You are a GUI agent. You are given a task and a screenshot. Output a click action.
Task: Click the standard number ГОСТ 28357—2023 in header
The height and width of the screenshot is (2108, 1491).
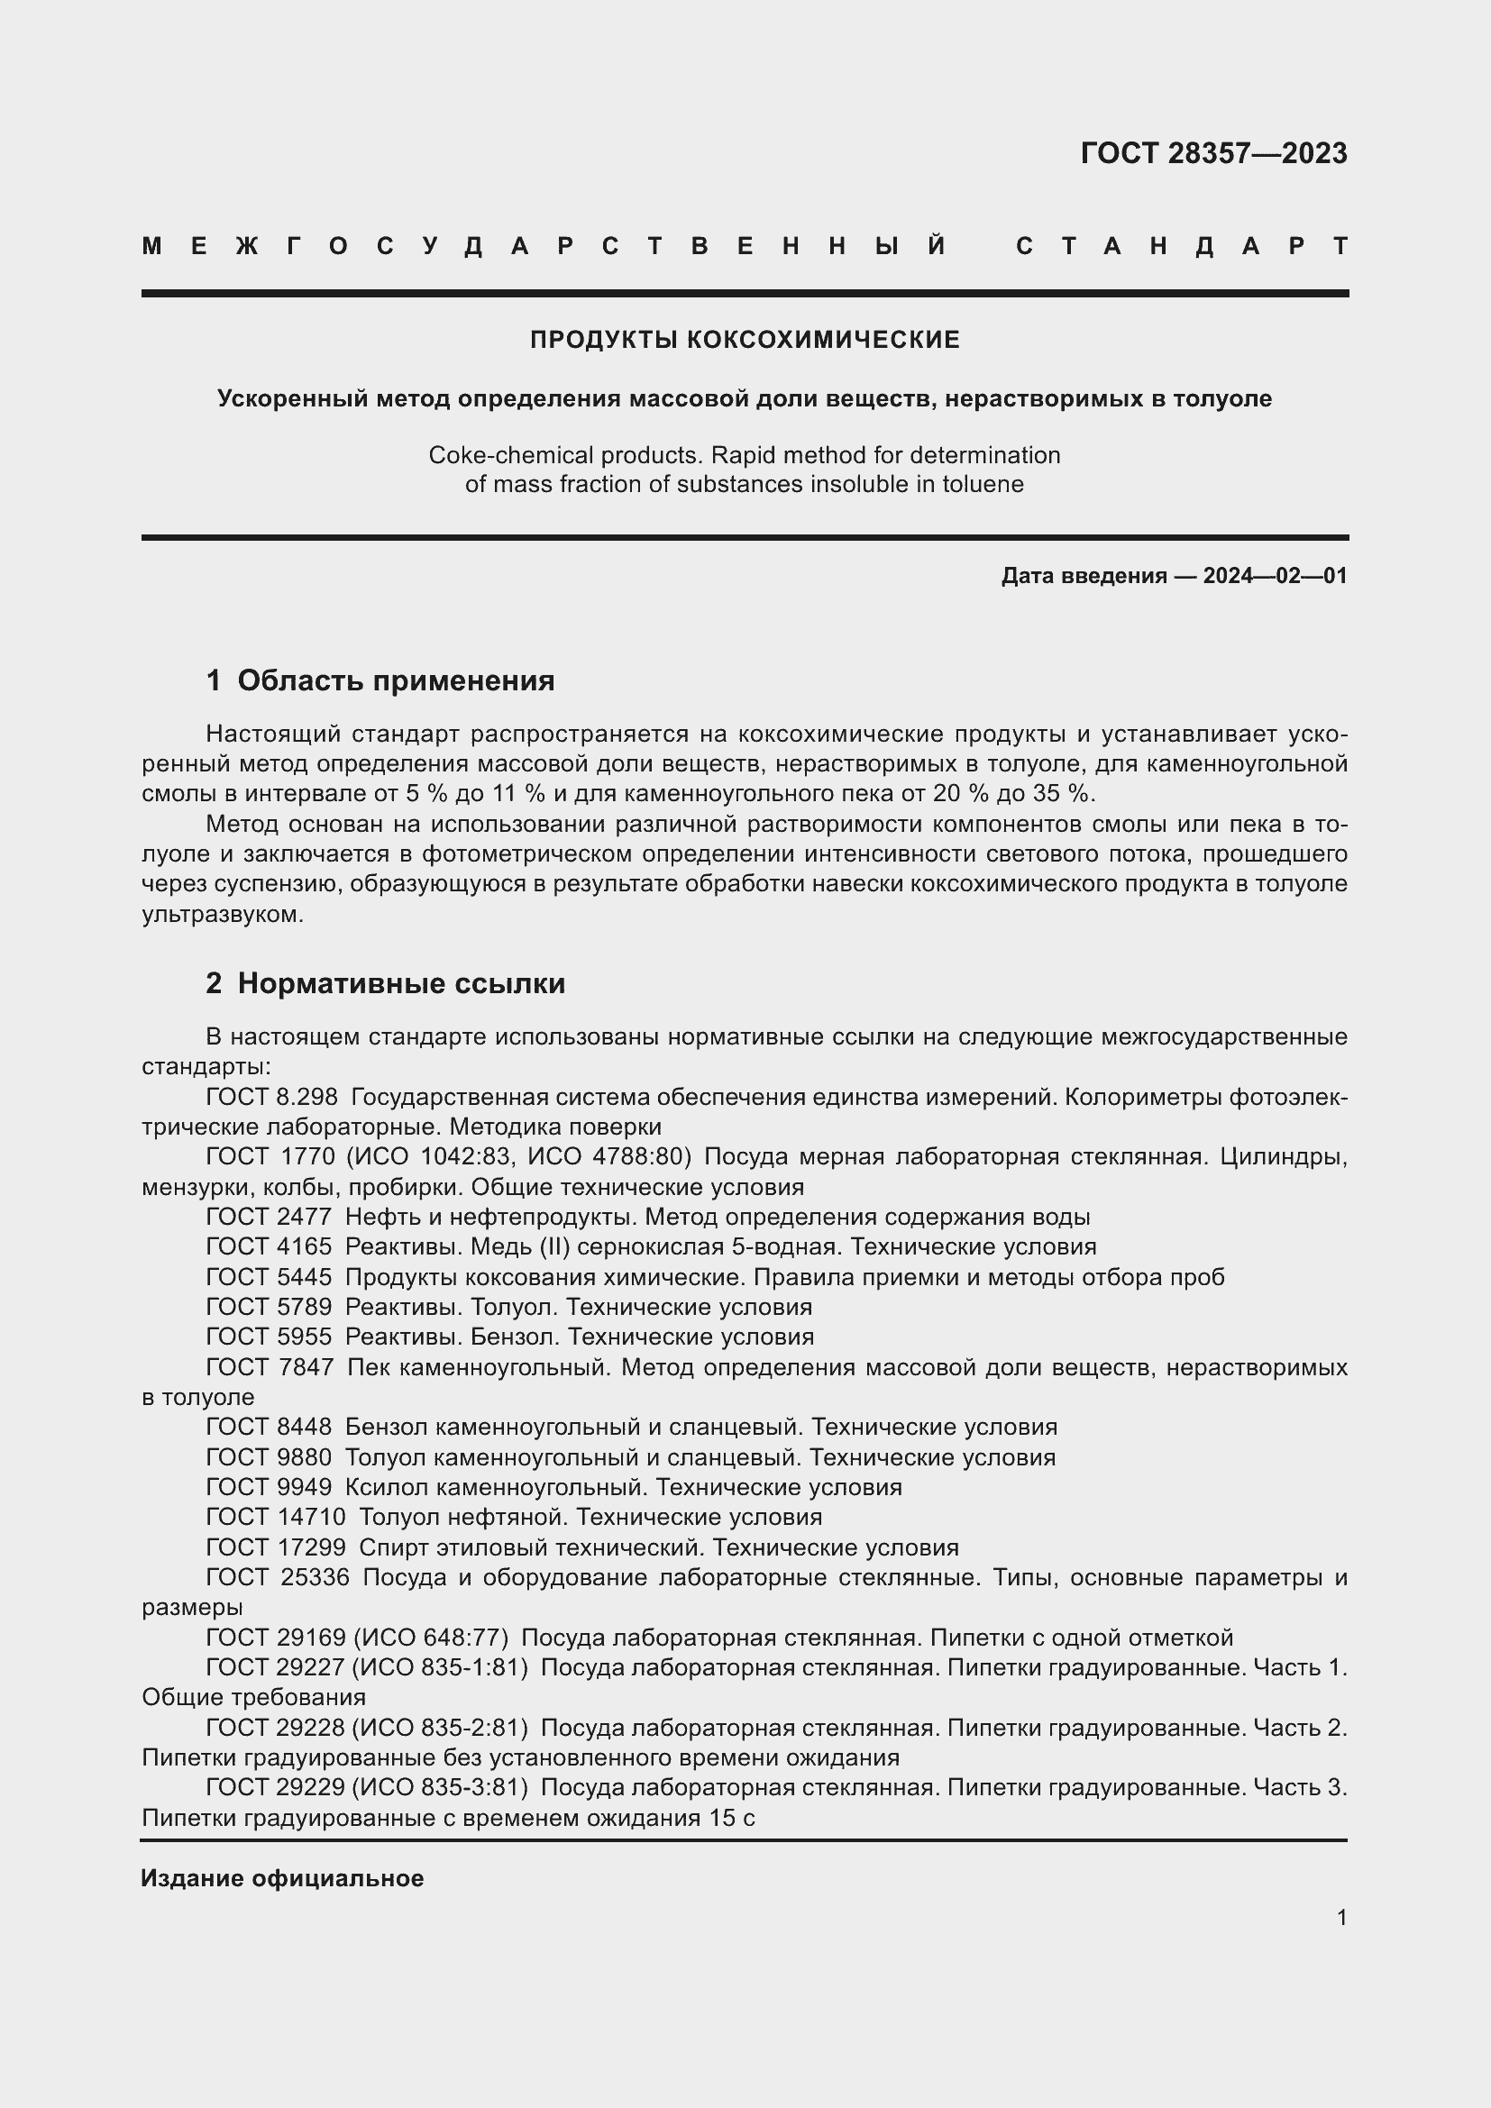click(1212, 153)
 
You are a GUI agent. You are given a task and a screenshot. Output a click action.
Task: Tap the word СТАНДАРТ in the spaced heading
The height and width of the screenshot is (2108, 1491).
click(1182, 246)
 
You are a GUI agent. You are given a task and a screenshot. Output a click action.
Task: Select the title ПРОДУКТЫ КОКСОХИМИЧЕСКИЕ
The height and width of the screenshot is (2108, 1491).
click(745, 340)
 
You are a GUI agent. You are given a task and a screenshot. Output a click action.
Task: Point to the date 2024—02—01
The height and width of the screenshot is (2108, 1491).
click(1275, 576)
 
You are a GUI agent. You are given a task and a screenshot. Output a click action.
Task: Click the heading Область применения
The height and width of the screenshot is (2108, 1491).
click(396, 680)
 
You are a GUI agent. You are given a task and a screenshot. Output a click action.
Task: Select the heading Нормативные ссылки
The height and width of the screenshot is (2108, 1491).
click(401, 983)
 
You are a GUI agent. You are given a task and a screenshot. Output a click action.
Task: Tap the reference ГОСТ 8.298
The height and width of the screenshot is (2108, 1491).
click(271, 1097)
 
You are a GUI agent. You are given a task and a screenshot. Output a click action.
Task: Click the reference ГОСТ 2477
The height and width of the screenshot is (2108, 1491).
click(268, 1218)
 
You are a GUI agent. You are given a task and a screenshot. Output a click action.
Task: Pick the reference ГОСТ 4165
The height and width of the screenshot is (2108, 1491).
click(268, 1246)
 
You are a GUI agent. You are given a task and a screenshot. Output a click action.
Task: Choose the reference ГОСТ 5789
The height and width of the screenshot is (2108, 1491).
click(268, 1307)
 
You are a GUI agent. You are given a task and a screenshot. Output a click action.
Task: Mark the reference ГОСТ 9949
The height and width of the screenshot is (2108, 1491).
click(268, 1486)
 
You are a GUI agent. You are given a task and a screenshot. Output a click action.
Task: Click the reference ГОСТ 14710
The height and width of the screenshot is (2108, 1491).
click(276, 1517)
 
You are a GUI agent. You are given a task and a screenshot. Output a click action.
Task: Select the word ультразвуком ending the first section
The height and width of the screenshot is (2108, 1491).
click(221, 915)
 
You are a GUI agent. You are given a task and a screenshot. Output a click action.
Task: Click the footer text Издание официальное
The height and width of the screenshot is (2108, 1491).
click(282, 1878)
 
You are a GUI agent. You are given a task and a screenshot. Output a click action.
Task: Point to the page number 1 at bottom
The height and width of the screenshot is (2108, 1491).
click(1341, 1918)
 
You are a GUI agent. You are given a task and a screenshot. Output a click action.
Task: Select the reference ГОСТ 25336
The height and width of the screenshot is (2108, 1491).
click(278, 1577)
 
